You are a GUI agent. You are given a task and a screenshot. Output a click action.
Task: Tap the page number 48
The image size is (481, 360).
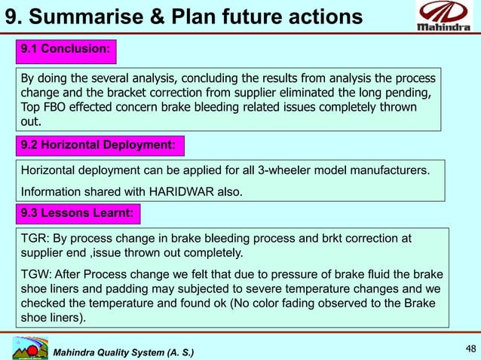pyautogui.click(x=470, y=348)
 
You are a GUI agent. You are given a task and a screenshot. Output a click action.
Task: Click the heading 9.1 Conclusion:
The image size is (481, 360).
pyautogui.click(x=66, y=50)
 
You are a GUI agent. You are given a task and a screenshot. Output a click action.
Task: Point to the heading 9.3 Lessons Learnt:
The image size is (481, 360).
pyautogui.click(x=78, y=215)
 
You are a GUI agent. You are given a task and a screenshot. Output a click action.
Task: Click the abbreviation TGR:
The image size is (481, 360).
pyautogui.click(x=35, y=238)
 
